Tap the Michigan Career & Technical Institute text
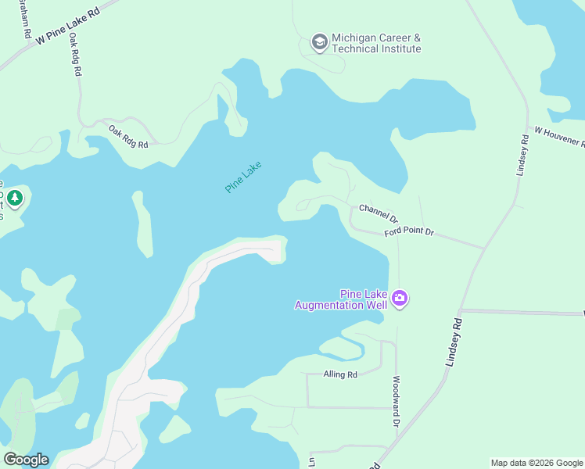point(376,43)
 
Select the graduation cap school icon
point(319,41)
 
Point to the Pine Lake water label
point(242,177)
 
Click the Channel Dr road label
point(379,213)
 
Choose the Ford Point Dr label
point(408,233)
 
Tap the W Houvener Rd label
point(559,138)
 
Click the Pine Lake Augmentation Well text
point(340,299)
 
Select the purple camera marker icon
point(400,298)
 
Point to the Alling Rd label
point(340,374)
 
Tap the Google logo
point(26,460)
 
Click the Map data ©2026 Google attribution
point(537,463)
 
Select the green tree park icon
point(15,199)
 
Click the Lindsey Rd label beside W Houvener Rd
point(523,156)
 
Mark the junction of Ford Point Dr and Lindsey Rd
point(484,249)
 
